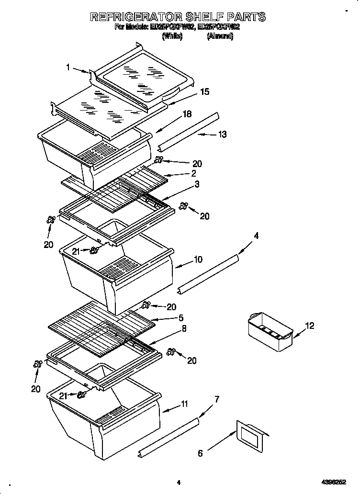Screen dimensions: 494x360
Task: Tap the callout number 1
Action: [68, 67]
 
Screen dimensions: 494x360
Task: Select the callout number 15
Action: [204, 91]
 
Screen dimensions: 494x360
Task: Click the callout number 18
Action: [187, 114]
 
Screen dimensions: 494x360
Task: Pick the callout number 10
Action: [198, 259]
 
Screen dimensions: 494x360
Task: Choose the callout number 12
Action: [310, 326]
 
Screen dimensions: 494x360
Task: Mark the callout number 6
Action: [201, 453]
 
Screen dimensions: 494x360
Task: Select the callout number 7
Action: [217, 399]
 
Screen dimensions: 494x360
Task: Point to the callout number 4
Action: [256, 236]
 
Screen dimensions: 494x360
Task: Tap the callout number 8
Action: [183, 328]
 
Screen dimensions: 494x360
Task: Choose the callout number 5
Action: [180, 317]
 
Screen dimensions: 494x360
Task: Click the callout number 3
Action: [196, 184]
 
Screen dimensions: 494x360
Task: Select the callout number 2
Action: [193, 173]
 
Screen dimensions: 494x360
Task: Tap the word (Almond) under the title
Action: [220, 36]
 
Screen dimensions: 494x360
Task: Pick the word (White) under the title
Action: [172, 36]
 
